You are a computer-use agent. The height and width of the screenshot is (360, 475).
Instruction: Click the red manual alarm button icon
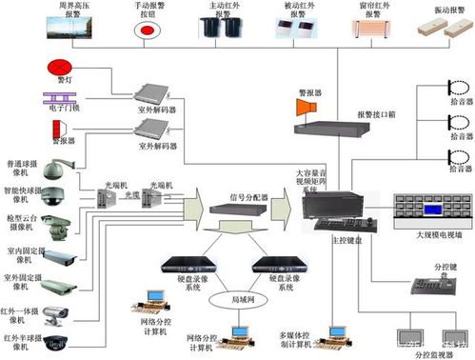[x=148, y=32]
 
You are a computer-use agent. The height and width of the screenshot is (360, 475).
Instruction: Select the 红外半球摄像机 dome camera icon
[x=60, y=341]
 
